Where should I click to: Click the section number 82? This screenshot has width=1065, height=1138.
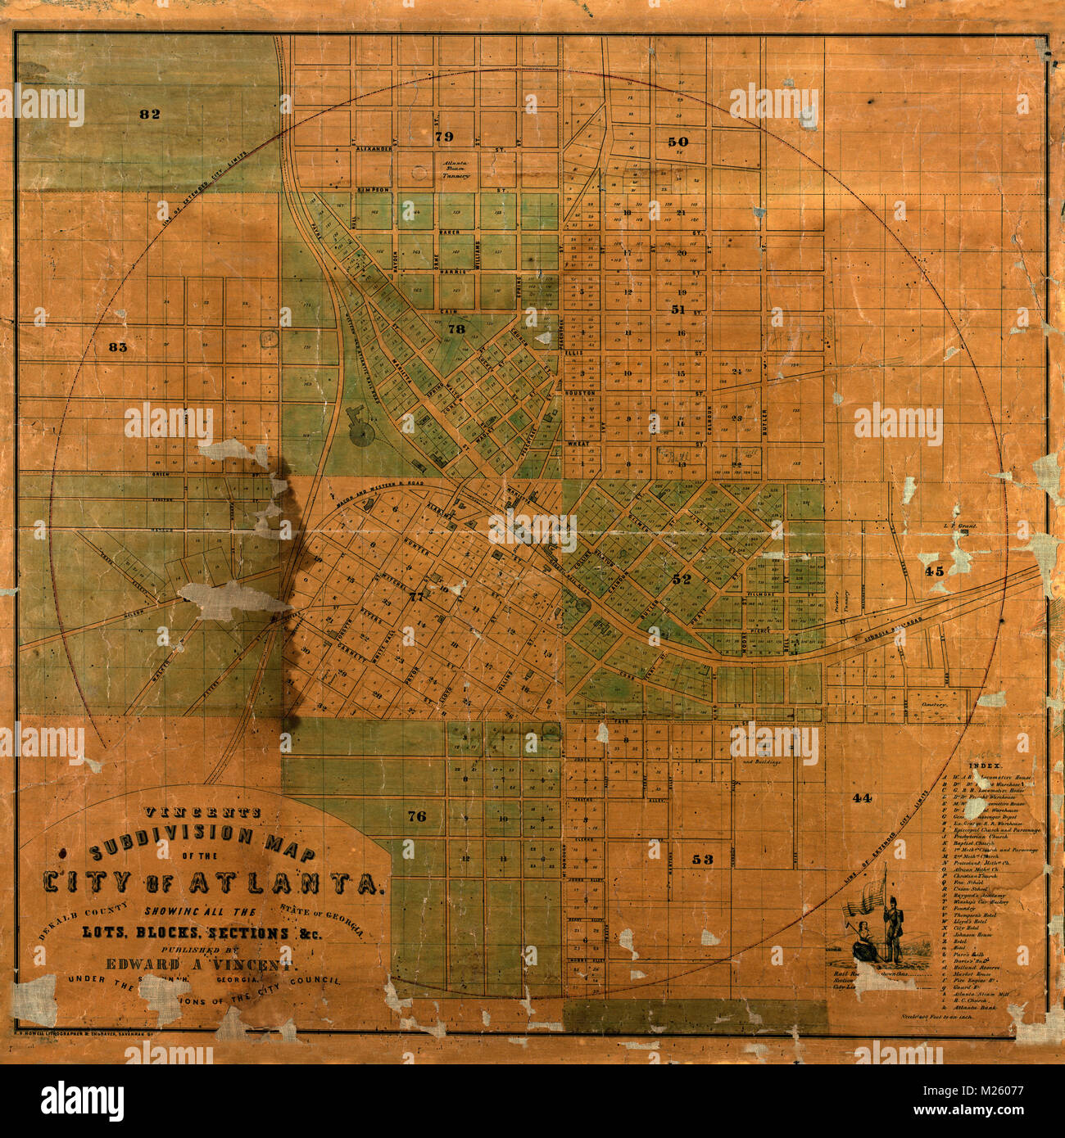click(149, 114)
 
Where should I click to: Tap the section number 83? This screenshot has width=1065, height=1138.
click(119, 347)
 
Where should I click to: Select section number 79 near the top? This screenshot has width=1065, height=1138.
click(443, 135)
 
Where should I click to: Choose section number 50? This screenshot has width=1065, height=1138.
click(678, 142)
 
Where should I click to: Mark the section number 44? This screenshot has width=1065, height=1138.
click(861, 797)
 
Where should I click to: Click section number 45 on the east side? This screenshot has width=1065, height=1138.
click(934, 571)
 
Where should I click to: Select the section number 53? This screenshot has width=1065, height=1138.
click(702, 859)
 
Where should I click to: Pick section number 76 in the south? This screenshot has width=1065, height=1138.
click(416, 815)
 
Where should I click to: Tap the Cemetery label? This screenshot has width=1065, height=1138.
click(932, 703)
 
